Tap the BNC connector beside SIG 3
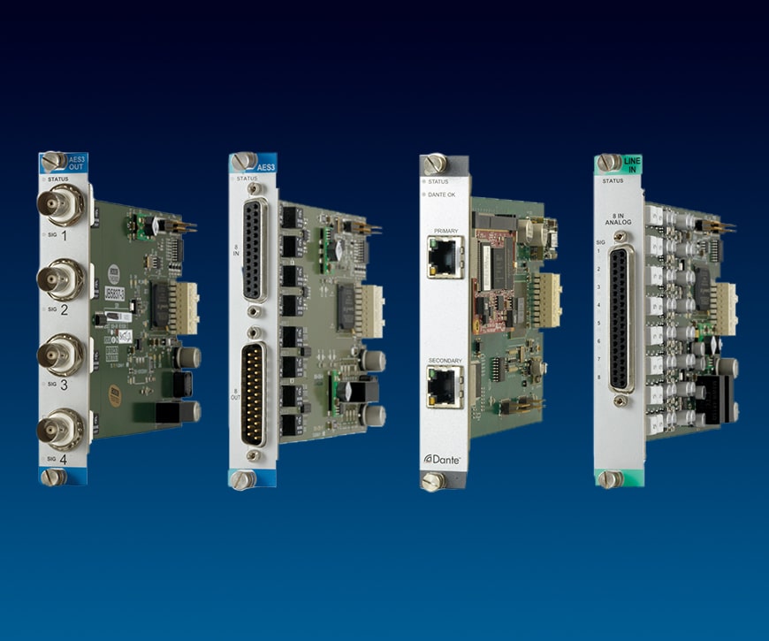[60, 355]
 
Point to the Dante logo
[442, 458]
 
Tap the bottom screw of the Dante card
[432, 481]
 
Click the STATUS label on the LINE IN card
[614, 182]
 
